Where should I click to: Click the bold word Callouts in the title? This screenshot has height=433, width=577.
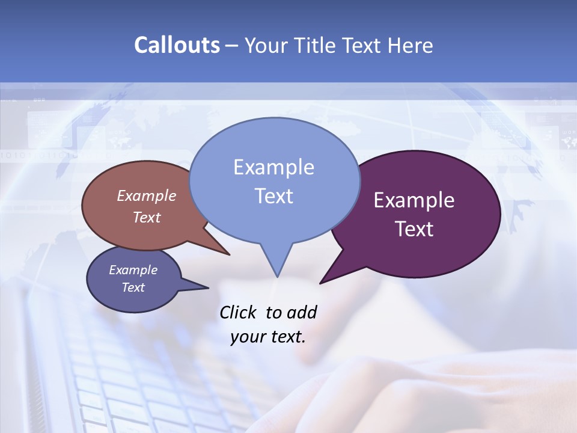pos(177,46)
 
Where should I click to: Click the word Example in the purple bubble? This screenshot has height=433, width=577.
pos(414,200)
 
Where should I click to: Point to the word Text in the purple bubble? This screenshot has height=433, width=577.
pos(414,229)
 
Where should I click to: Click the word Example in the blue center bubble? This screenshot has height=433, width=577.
pos(273,167)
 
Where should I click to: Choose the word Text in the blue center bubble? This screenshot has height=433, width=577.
pos(273,196)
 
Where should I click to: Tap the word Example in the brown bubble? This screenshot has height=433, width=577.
pos(146,196)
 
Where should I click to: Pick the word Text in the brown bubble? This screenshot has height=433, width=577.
pos(146,218)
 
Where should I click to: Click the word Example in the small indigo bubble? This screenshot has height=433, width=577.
pos(133,270)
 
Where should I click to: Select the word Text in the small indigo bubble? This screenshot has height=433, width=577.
pos(133,287)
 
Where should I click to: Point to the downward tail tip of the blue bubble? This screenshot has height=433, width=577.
pos(277,275)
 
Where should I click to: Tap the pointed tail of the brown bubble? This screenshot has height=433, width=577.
pos(227,253)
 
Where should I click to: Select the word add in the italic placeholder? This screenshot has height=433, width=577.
pos(302,313)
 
